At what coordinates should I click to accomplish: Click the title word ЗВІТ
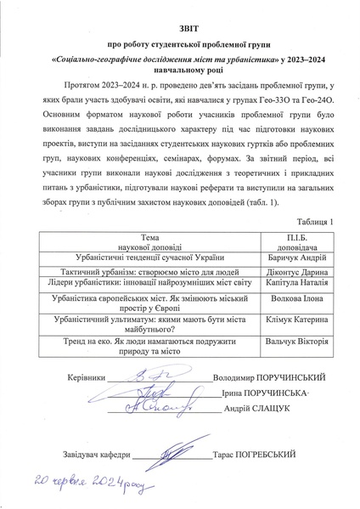(x=179, y=27)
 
